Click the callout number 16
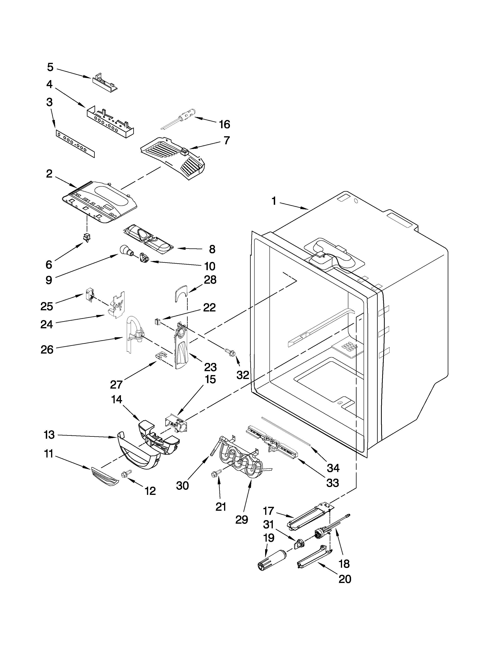pos(225,124)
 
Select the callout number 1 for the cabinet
pos(274,201)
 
